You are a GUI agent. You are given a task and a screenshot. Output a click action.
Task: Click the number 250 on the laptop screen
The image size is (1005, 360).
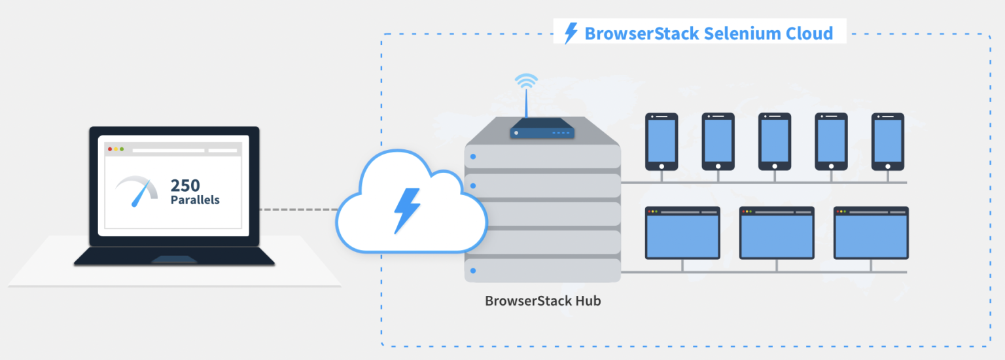185,185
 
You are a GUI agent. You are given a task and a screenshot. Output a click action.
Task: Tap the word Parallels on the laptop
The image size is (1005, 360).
195,200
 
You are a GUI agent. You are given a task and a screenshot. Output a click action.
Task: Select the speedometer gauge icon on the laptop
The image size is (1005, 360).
137,190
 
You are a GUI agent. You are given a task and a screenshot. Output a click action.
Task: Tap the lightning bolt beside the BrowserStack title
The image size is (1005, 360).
571,33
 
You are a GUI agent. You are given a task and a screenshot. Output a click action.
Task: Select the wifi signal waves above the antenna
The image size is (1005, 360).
526,82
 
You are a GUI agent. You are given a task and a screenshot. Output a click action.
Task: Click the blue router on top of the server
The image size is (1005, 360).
542,130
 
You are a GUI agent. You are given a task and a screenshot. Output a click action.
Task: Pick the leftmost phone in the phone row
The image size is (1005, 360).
661,141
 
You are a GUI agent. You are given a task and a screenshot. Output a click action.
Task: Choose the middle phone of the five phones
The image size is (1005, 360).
774,141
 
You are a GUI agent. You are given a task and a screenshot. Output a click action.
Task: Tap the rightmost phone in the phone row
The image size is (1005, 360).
887,141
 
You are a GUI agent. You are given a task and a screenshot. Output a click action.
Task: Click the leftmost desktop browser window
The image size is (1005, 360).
682,233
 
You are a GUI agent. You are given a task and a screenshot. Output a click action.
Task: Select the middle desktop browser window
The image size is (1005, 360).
777,233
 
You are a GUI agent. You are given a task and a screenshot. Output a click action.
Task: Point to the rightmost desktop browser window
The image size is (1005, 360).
871,233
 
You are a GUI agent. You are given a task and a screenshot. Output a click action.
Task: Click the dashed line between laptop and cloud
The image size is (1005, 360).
298,209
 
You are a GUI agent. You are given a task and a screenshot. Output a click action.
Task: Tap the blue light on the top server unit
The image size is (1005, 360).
473,157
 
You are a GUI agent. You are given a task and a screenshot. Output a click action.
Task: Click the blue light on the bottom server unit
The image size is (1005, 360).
473,270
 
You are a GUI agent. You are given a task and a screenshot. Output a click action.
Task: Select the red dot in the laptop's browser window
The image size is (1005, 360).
110,149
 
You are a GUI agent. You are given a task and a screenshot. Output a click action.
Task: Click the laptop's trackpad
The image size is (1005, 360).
173,260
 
